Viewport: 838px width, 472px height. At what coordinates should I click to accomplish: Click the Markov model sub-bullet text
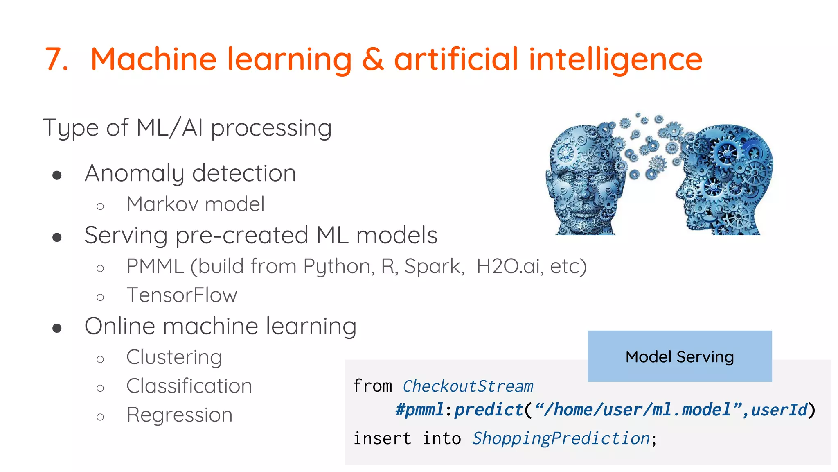(x=196, y=204)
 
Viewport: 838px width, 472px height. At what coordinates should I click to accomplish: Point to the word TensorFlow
(x=182, y=295)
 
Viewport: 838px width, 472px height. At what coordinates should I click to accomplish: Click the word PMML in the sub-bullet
(x=155, y=266)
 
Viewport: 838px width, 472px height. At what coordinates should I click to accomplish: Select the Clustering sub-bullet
(x=174, y=357)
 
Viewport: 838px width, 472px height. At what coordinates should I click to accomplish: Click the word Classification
(x=189, y=386)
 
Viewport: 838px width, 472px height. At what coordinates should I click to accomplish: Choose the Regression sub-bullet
(x=179, y=415)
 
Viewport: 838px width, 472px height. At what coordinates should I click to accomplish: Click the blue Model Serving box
(x=679, y=356)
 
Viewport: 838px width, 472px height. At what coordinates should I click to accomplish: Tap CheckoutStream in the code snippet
(x=468, y=386)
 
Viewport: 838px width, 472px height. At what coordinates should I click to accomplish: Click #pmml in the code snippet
(x=419, y=410)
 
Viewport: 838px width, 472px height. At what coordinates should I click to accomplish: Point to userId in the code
(x=779, y=410)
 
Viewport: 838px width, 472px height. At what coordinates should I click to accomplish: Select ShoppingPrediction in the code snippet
(x=561, y=438)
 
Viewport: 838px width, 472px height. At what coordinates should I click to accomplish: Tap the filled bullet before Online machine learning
(x=57, y=328)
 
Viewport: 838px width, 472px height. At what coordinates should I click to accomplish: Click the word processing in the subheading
(x=271, y=128)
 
